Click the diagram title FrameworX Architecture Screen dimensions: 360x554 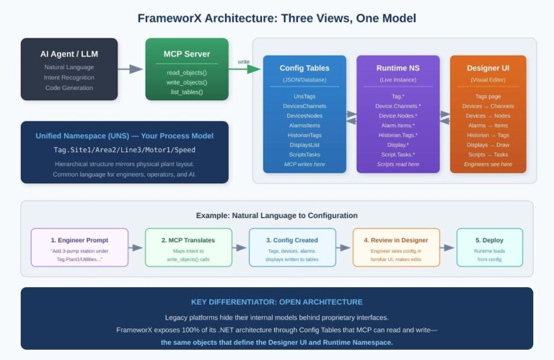coord(276,17)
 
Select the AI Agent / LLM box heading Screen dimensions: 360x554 coord(69,54)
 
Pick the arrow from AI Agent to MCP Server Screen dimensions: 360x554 coord(131,69)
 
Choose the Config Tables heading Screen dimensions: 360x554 coord(304,68)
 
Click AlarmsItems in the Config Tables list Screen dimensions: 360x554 coord(304,125)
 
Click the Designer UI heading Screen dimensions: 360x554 coord(488,68)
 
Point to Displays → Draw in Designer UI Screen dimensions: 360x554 coord(488,144)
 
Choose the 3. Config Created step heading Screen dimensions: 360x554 coord(292,239)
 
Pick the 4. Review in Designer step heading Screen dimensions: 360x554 coord(396,239)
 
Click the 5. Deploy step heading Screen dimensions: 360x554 coord(489,239)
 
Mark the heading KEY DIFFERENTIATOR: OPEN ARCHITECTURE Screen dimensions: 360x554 coord(276,302)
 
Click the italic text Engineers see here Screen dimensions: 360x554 coord(488,164)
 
